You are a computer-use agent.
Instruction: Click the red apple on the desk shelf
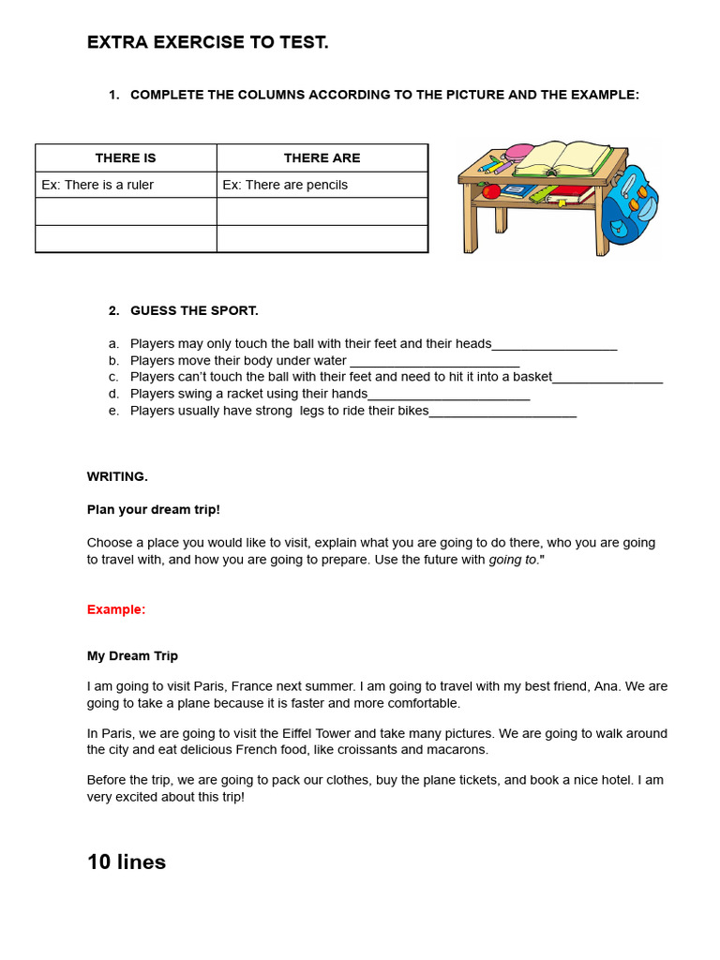click(490, 192)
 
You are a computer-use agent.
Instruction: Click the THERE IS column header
click(126, 158)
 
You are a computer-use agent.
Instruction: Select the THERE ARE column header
click(322, 158)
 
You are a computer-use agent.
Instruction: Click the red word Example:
click(116, 609)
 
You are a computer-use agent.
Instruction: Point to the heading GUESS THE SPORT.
click(194, 310)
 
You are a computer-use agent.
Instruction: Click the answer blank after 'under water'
click(434, 362)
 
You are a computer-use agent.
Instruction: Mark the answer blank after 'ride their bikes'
click(502, 412)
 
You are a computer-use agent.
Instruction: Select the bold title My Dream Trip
click(132, 656)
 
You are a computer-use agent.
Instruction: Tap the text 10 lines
click(127, 862)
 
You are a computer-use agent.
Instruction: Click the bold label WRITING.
click(117, 476)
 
